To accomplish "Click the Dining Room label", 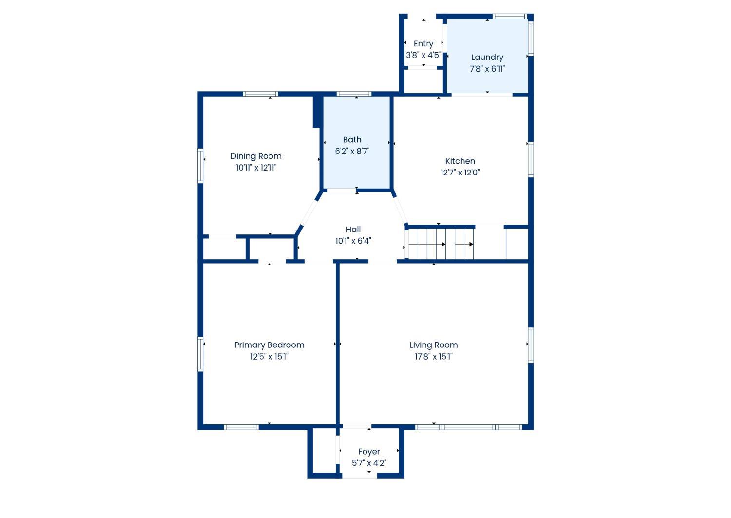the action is point(256,156).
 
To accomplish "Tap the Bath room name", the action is point(352,140).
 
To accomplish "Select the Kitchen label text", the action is point(460,161).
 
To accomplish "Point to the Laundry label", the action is point(487,58).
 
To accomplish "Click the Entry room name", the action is point(423,44).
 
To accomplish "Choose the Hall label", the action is point(353,230).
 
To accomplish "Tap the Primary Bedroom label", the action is point(269,345).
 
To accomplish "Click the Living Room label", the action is point(434,345).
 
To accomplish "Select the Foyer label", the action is point(369,452).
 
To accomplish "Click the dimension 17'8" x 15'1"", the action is point(434,356).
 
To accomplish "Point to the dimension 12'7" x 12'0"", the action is point(460,173).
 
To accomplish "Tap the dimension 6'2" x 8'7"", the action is point(352,151).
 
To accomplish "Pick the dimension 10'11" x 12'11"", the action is point(256,168).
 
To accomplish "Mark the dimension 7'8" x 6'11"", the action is point(487,69).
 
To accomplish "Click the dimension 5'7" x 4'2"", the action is point(369,463).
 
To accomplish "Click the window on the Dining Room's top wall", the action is point(260,94).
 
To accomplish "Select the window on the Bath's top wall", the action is point(354,94).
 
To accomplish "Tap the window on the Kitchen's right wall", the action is point(531,160).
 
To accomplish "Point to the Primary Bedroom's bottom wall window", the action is point(241,427).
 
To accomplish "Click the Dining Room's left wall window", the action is point(200,166).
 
